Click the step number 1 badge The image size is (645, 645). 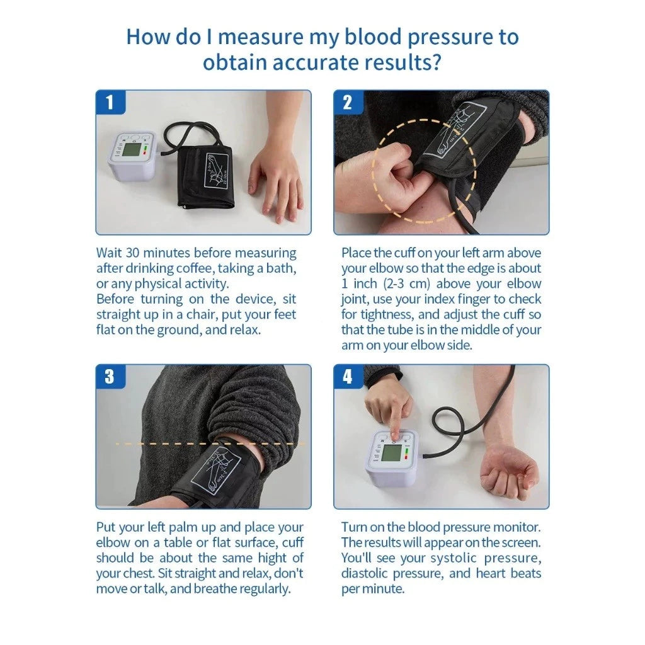pos(110,102)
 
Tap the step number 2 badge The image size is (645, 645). pos(348,102)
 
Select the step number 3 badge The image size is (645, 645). pos(110,377)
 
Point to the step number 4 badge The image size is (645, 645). pos(348,377)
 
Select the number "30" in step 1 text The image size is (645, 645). pos(132,253)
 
